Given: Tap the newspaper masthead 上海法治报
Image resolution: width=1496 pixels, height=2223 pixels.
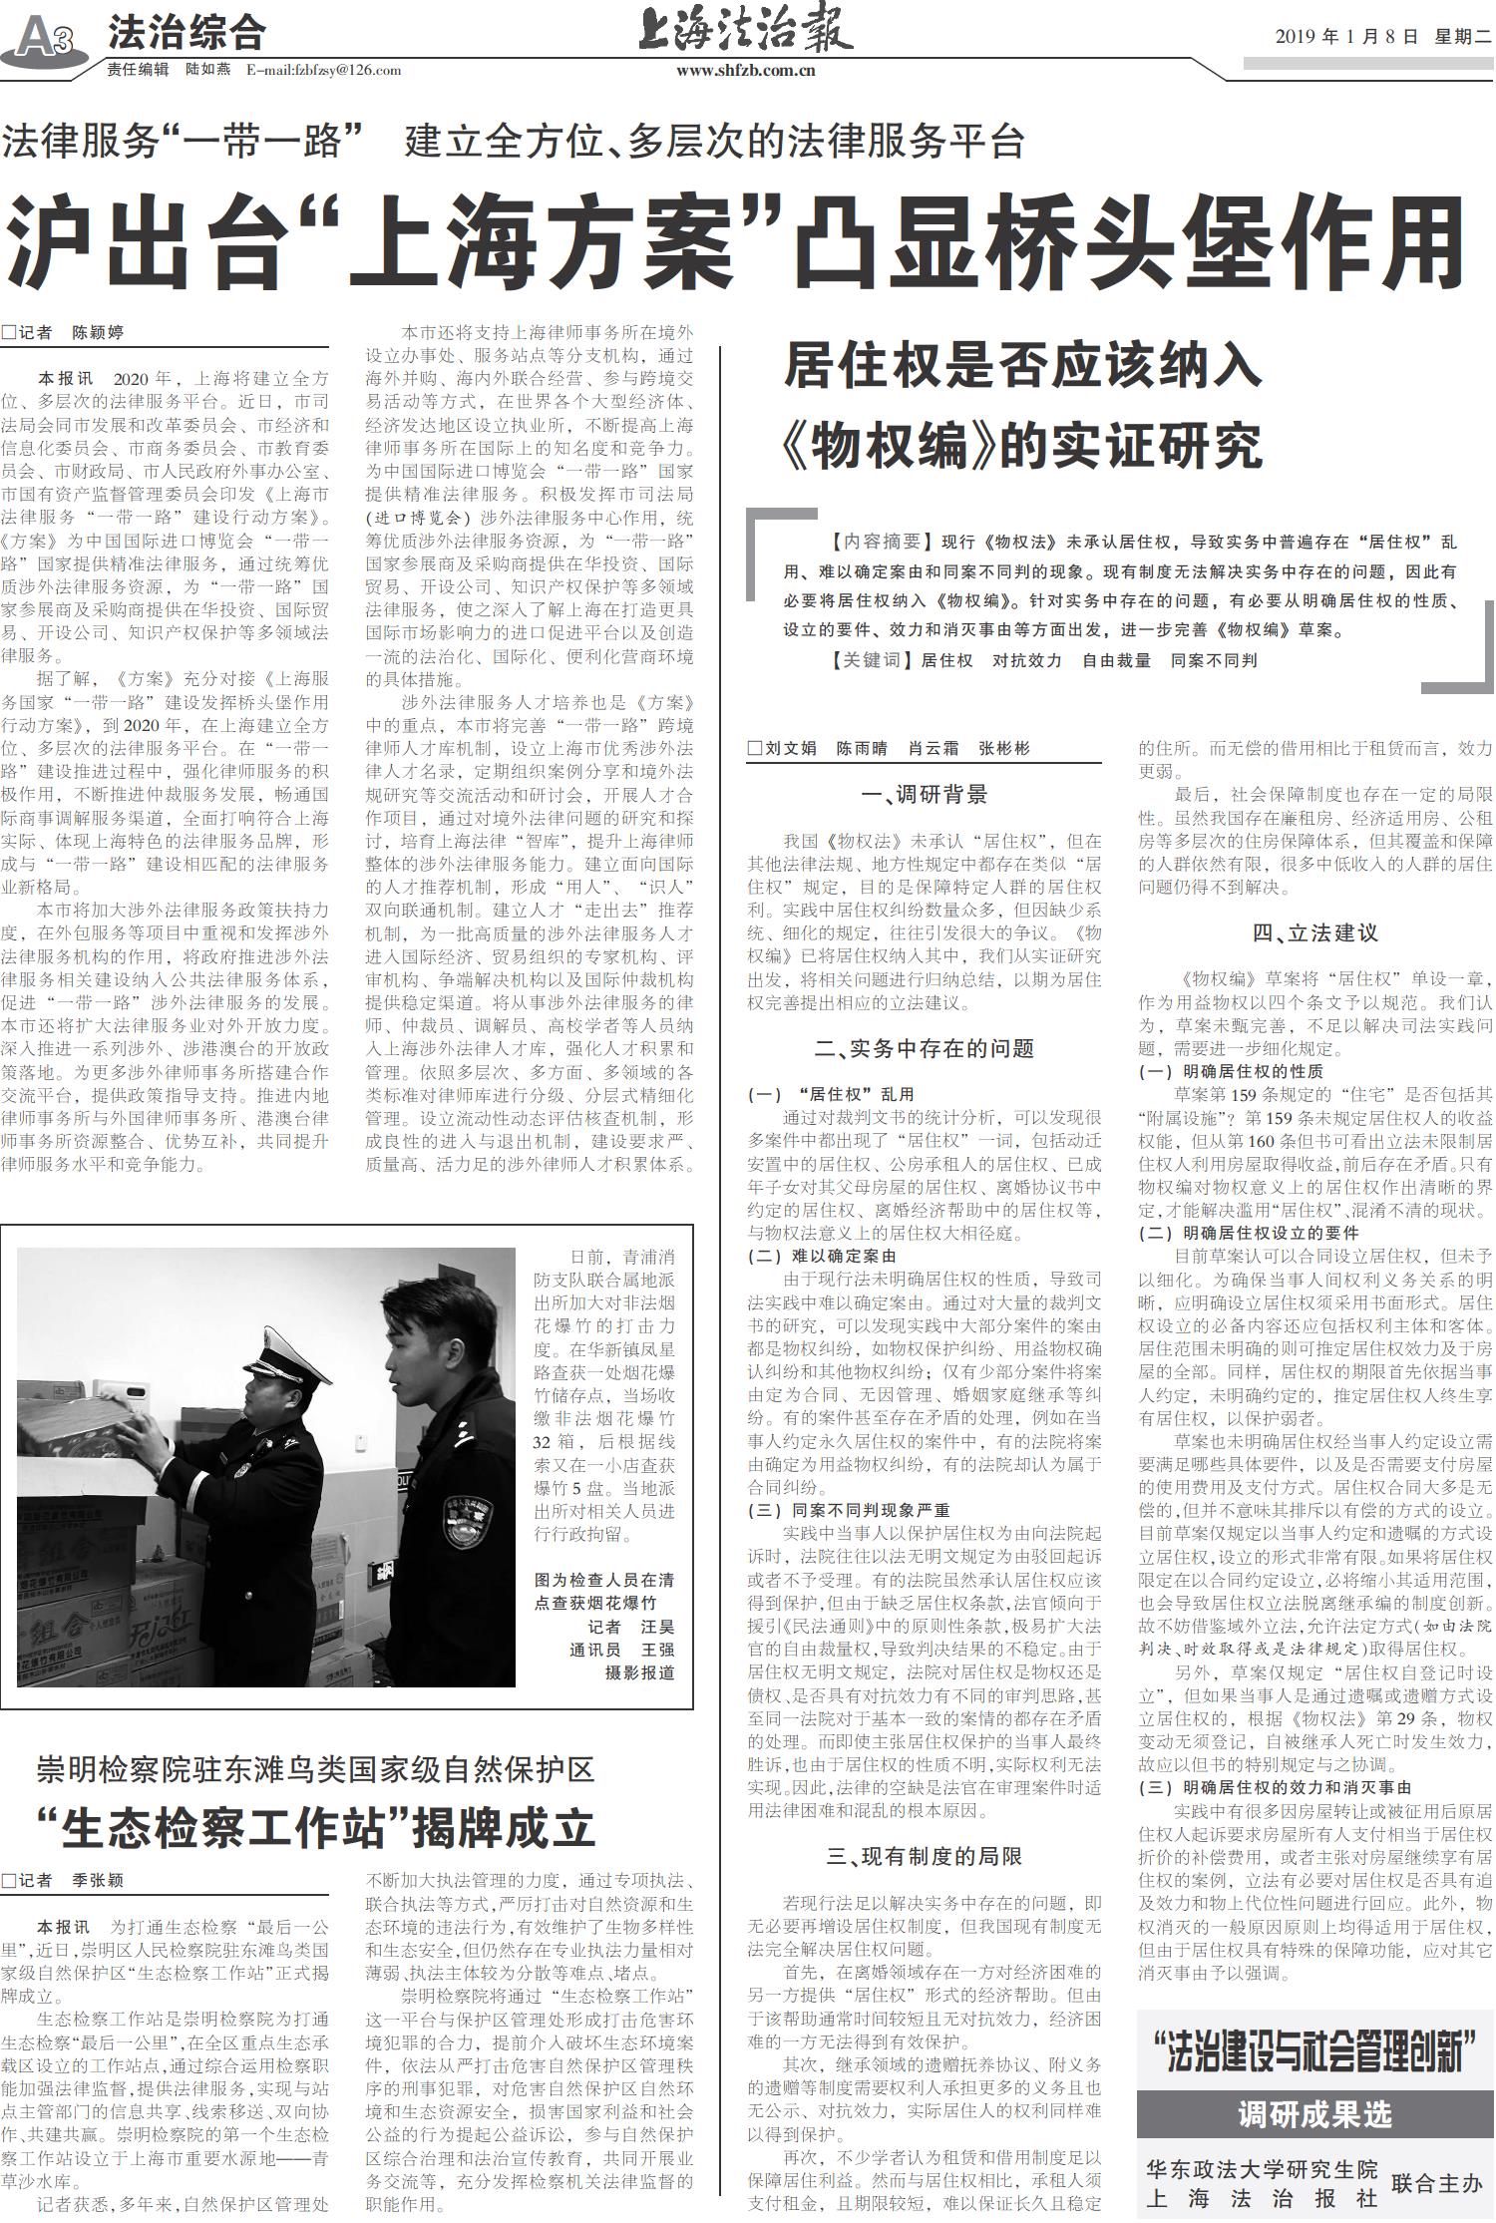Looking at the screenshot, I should click(x=745, y=29).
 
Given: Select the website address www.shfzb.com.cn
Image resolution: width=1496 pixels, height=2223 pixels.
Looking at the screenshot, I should click(x=745, y=70).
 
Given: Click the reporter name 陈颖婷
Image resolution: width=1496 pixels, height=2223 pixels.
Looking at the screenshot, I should click(x=98, y=332).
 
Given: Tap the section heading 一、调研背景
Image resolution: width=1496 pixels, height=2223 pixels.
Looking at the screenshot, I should click(x=924, y=795).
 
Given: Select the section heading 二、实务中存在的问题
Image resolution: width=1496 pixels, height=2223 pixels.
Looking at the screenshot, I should click(x=924, y=1048).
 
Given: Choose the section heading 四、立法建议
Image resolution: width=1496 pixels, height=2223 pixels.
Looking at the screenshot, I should click(x=1314, y=933).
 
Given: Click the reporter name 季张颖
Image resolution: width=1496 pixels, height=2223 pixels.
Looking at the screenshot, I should click(x=98, y=1880).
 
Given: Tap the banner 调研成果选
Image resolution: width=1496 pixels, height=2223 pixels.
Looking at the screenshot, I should click(x=1313, y=2113).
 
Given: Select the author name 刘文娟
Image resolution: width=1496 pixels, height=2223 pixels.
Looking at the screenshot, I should click(x=790, y=748).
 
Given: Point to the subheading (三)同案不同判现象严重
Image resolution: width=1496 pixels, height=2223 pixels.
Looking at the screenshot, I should click(x=849, y=1510).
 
